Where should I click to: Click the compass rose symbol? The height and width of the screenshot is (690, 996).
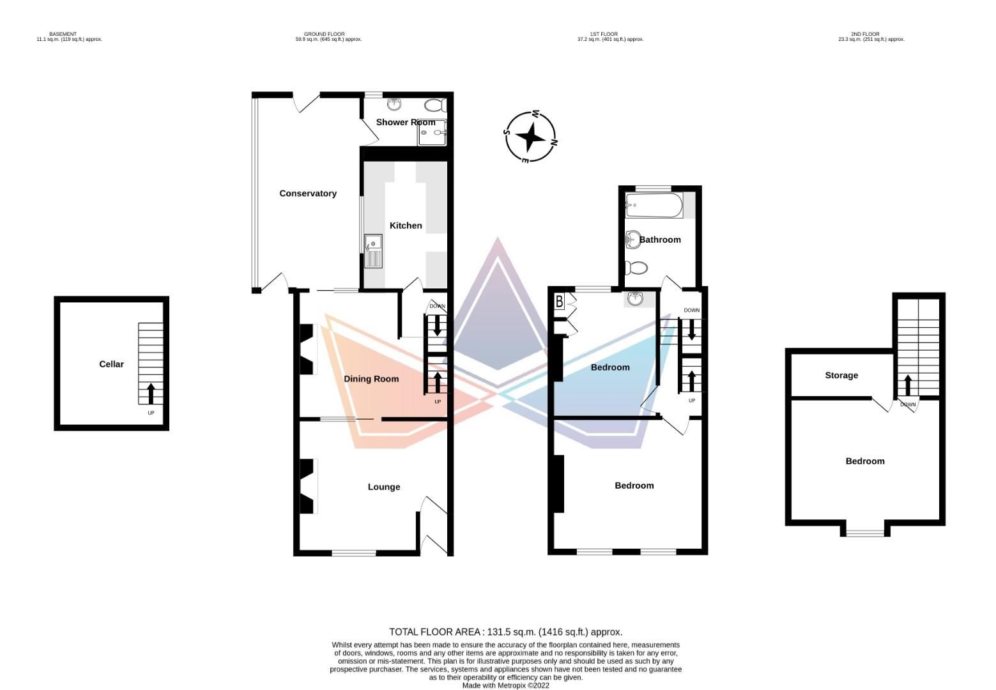point(530,137)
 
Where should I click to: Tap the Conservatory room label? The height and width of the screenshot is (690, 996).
point(308,194)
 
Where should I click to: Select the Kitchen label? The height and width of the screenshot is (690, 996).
point(406,226)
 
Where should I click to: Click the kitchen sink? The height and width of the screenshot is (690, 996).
point(373,251)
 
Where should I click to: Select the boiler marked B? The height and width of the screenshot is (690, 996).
point(560,302)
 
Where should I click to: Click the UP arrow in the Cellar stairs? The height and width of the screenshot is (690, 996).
point(151,392)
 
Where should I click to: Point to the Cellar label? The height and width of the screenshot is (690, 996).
point(111,364)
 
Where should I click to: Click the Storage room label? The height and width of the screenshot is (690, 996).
point(841,376)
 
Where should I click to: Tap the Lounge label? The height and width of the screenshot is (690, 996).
point(384,487)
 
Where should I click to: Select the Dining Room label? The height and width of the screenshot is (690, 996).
point(371,379)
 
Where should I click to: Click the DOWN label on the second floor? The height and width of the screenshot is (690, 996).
point(908,404)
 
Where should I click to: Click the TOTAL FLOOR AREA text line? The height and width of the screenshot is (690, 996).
point(505,632)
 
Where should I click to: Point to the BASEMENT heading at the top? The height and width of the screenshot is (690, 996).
point(63,34)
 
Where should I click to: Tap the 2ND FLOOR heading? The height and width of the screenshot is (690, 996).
point(865,34)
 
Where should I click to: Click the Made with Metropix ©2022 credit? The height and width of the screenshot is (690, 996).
point(505,686)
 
